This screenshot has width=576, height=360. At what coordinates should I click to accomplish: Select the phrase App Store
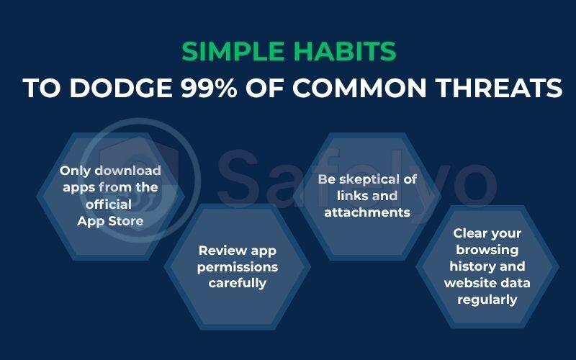coord(110,220)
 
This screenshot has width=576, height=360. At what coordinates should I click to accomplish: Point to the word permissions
coord(237,267)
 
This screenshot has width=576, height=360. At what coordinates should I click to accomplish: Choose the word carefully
coord(237,283)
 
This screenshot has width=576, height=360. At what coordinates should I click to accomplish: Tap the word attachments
coord(366,212)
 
